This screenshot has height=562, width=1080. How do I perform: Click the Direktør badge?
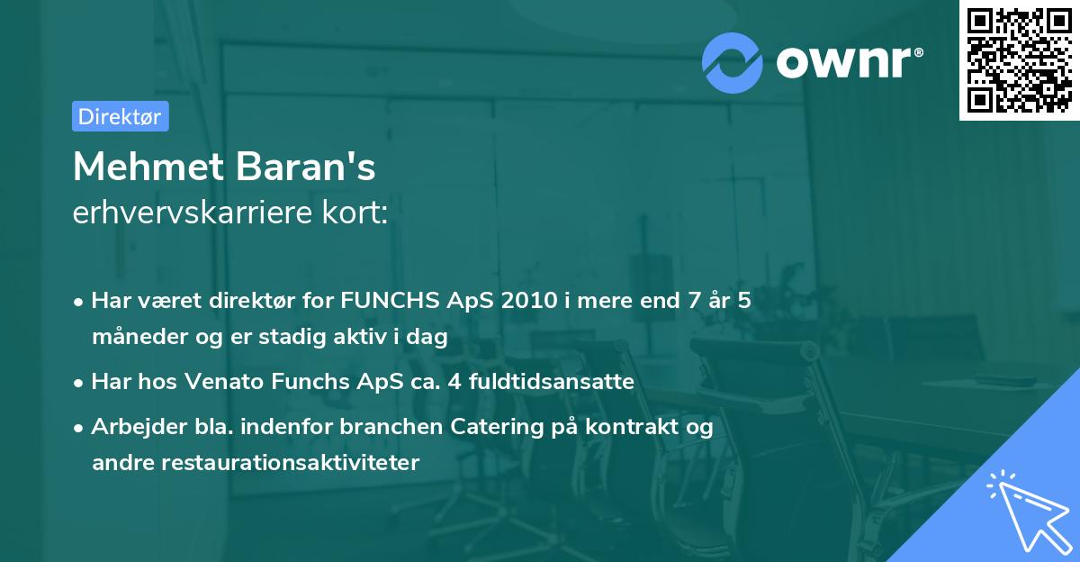120,116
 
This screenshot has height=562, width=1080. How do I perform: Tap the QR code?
1019,59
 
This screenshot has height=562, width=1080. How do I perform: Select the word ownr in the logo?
847,61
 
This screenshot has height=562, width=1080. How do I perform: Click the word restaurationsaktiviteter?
255,463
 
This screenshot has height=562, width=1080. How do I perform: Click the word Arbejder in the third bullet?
130,427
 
